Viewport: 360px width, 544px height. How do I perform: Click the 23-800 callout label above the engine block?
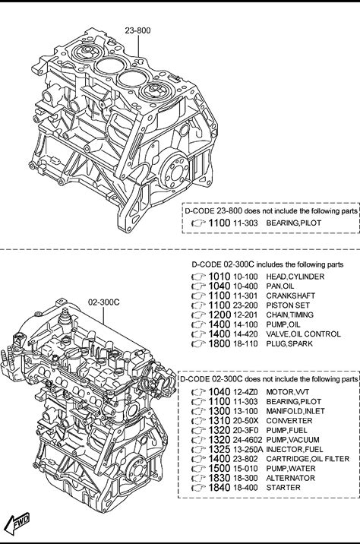tap(137, 30)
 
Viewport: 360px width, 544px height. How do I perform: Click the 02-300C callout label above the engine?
tap(104, 302)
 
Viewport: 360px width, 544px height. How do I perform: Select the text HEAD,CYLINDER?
tap(295, 277)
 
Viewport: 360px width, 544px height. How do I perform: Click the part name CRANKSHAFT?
tap(291, 296)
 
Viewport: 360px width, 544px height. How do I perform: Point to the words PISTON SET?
tap(288, 305)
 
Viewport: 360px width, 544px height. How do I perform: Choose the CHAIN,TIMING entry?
tap(289, 315)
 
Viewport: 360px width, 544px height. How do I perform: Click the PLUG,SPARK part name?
tap(289, 343)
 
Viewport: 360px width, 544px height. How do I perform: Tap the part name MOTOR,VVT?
tap(288, 392)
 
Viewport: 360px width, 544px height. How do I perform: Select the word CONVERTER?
tap(289, 420)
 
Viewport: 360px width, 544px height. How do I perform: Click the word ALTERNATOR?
tap(290, 478)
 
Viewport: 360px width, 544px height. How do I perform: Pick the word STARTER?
tap(283, 488)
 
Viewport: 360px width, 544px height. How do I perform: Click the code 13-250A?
tap(248, 449)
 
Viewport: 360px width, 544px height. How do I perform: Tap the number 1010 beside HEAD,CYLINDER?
tap(219, 277)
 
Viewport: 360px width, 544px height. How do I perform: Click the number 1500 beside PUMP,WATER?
tap(219, 468)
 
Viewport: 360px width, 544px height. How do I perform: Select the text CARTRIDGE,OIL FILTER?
tap(308, 459)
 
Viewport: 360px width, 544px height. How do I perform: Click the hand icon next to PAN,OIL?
tap(198, 286)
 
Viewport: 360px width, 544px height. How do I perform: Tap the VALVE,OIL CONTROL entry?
tap(303, 334)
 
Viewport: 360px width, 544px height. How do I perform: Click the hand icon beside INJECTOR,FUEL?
tap(198, 450)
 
